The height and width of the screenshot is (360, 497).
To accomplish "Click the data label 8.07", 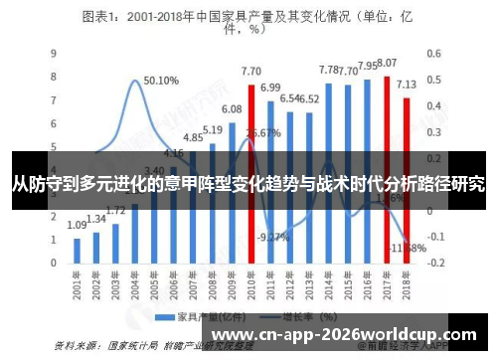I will (x=387, y=63).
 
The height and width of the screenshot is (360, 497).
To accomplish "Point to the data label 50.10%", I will (x=161, y=81).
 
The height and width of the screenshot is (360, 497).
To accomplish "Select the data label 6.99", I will (x=270, y=88).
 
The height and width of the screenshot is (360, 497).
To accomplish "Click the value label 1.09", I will (x=78, y=226).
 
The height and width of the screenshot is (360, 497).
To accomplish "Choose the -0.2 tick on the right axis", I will (x=434, y=263).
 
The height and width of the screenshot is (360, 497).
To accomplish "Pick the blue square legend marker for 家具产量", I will (x=161, y=315).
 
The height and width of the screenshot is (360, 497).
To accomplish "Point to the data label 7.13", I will (x=407, y=86).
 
